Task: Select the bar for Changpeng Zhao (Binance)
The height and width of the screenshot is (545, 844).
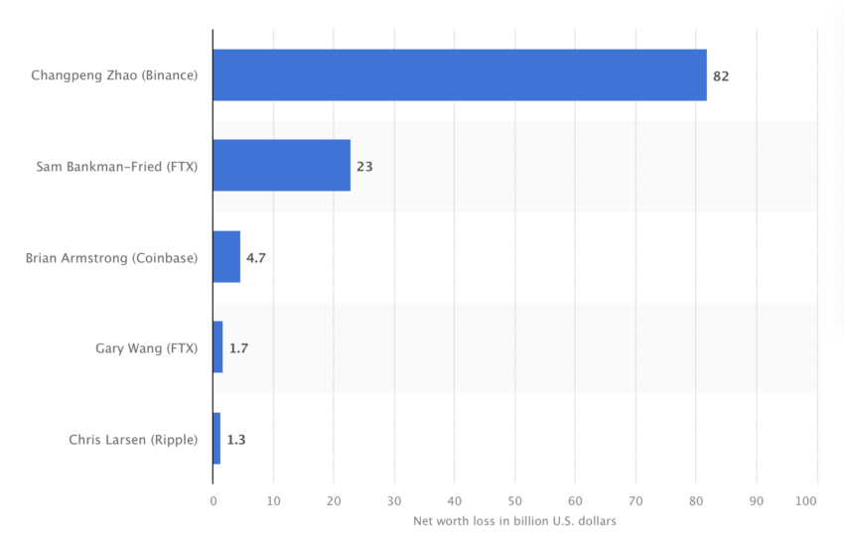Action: [460, 75]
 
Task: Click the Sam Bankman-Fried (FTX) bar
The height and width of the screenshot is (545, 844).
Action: [282, 166]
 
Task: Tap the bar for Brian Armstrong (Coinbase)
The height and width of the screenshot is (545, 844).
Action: [226, 257]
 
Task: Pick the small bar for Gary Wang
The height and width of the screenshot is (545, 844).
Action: [217, 347]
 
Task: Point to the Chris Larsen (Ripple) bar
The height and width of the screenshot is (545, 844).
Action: [216, 439]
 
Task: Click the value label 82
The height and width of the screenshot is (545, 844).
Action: [721, 75]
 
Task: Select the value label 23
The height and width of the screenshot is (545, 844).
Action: [364, 167]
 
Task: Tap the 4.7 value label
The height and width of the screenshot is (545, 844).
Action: [256, 257]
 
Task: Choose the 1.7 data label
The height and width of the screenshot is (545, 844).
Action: [239, 348]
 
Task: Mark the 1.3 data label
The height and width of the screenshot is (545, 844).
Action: [236, 439]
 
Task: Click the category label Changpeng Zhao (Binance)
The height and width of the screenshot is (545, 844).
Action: [114, 75]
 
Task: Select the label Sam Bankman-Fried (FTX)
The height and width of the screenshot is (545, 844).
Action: [117, 167]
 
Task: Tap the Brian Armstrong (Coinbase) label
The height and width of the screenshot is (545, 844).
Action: [112, 257]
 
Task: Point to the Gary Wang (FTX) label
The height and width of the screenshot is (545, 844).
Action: [147, 348]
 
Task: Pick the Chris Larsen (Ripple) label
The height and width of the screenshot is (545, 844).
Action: [133, 439]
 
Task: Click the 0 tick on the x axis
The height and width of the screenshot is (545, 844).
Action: [212, 500]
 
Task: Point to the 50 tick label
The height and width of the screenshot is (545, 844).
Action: [514, 500]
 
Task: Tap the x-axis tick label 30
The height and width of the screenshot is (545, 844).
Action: [394, 500]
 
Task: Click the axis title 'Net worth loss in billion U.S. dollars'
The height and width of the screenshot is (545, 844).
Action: [514, 521]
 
